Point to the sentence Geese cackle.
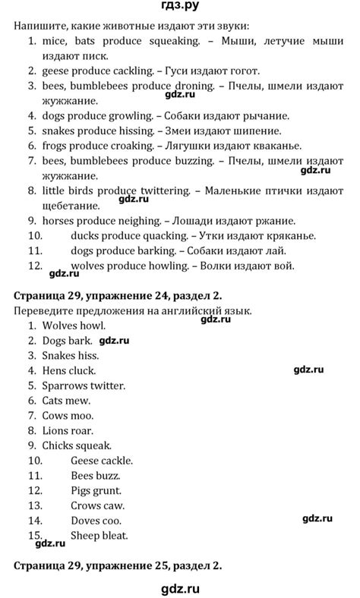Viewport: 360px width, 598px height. (x=102, y=461)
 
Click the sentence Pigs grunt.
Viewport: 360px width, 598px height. (x=97, y=490)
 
